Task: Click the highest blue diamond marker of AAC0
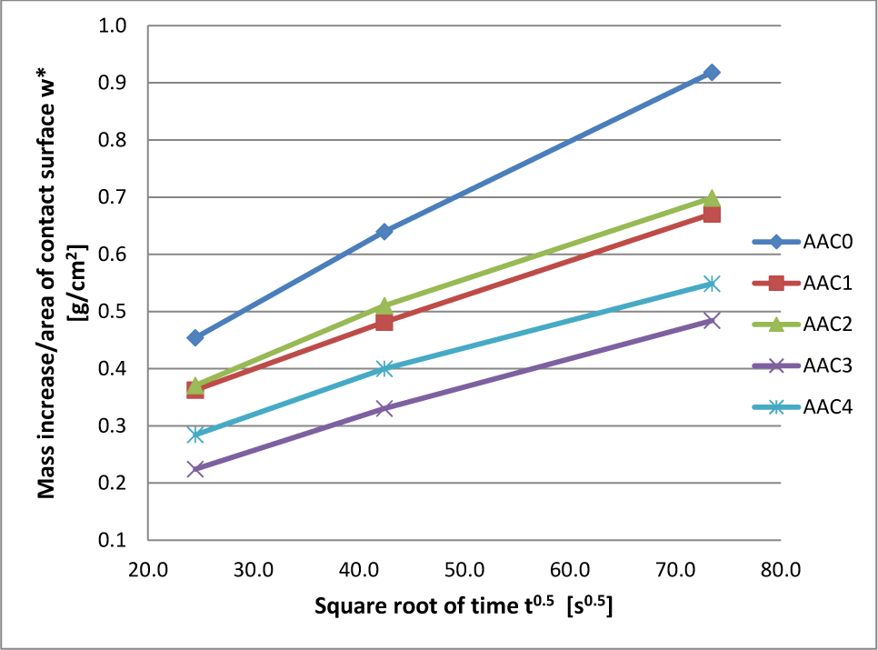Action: pos(712,72)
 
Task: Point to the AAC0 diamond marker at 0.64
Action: pos(384,232)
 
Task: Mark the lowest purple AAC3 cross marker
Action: pos(195,469)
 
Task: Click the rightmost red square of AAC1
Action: pos(712,214)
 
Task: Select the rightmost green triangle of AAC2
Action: pos(712,198)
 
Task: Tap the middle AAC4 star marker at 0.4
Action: pos(384,368)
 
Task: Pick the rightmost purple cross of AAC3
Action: pos(712,320)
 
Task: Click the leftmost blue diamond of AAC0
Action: pos(195,337)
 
